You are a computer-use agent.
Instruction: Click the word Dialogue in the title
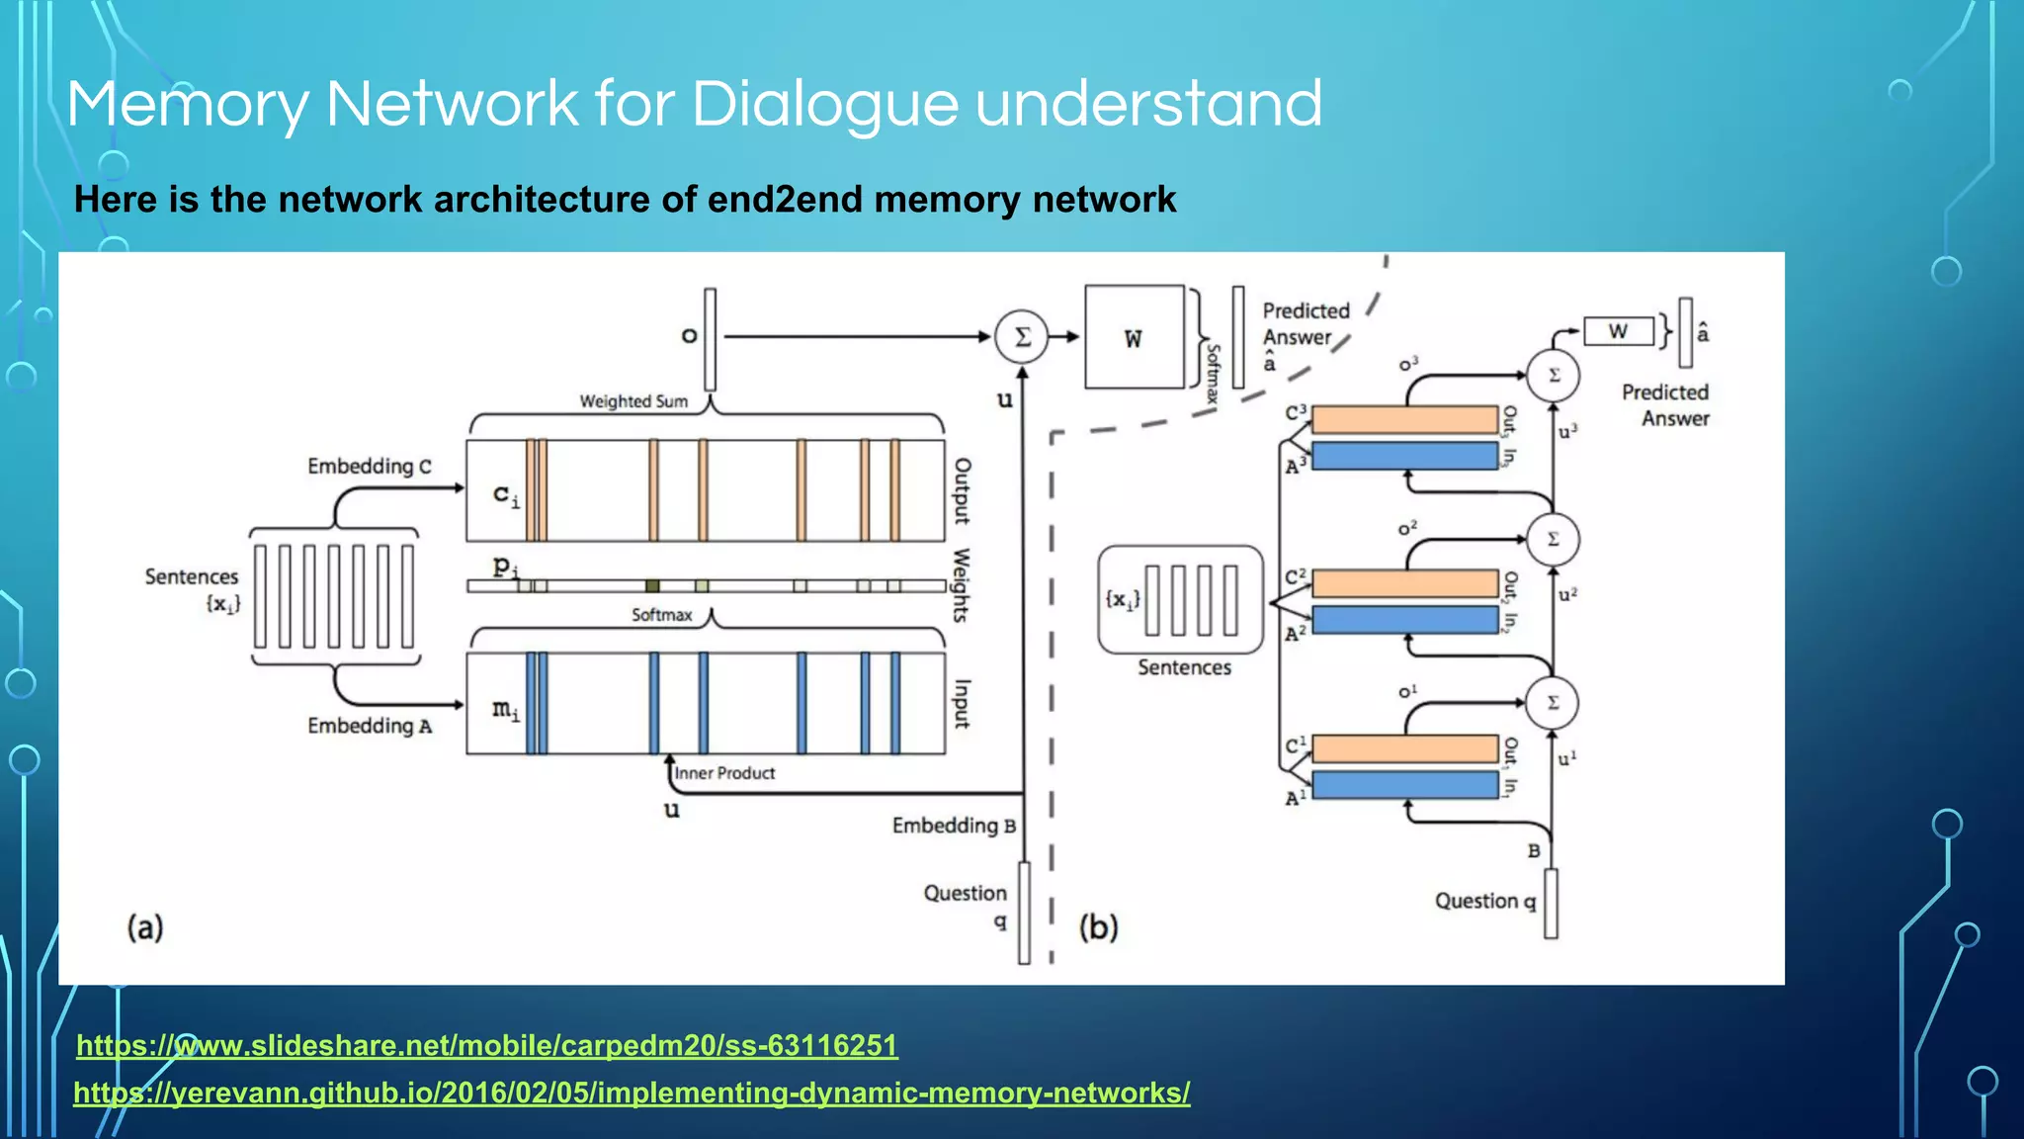(824, 105)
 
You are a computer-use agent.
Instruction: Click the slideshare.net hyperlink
(486, 1046)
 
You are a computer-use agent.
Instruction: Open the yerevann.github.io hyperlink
(632, 1094)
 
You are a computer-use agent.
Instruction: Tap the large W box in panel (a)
(1134, 338)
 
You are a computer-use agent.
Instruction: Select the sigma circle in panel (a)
(1022, 337)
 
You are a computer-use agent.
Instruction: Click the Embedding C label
(369, 466)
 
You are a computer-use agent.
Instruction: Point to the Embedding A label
(369, 726)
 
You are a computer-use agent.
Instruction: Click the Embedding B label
(953, 826)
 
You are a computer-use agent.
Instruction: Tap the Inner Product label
(724, 773)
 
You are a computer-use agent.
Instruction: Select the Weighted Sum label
(632, 401)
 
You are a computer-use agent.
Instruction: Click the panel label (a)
(145, 927)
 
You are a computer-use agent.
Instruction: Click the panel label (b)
(1098, 927)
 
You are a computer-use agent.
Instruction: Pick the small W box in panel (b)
(1618, 331)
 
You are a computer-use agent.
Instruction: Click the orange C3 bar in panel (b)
(1404, 420)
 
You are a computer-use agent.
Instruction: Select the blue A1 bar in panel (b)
(1404, 785)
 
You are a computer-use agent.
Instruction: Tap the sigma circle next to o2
(1553, 540)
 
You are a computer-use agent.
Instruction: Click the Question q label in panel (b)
(1484, 901)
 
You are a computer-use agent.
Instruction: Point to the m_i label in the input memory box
(505, 709)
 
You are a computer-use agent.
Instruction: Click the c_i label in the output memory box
(505, 494)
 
